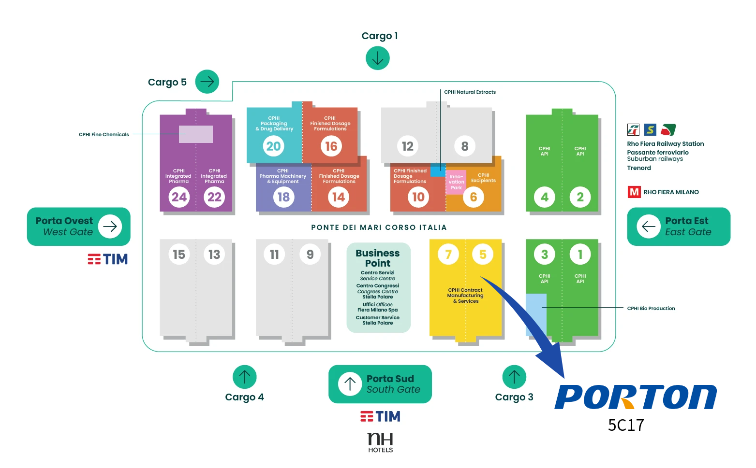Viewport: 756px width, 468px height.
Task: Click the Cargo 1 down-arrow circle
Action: [x=377, y=58]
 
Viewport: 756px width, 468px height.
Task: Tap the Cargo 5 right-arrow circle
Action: [x=207, y=82]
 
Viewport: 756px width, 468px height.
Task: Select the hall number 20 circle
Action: [x=273, y=146]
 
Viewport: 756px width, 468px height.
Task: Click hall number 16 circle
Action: [x=331, y=146]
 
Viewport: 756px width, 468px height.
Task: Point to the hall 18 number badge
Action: [x=283, y=197]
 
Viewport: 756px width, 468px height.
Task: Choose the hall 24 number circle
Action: [x=179, y=197]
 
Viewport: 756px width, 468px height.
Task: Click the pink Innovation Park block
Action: [x=456, y=182]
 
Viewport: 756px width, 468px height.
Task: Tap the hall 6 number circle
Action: [x=473, y=197]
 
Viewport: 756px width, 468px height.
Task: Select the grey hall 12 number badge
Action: [x=407, y=146]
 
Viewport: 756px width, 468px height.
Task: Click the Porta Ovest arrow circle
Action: [x=110, y=226]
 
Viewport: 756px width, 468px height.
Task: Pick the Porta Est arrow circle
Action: [x=649, y=226]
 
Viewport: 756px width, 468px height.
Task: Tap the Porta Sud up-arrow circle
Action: [x=350, y=384]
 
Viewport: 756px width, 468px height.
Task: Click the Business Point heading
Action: [x=377, y=258]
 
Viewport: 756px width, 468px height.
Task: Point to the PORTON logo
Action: [x=635, y=397]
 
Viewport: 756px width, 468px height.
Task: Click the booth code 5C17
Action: [x=626, y=425]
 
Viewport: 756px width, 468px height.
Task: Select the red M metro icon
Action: [x=634, y=192]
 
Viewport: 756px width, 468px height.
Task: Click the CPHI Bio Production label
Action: [x=651, y=308]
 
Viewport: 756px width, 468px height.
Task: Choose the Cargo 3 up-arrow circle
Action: [x=514, y=377]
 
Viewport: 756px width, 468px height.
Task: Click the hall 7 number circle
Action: [x=448, y=254]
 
